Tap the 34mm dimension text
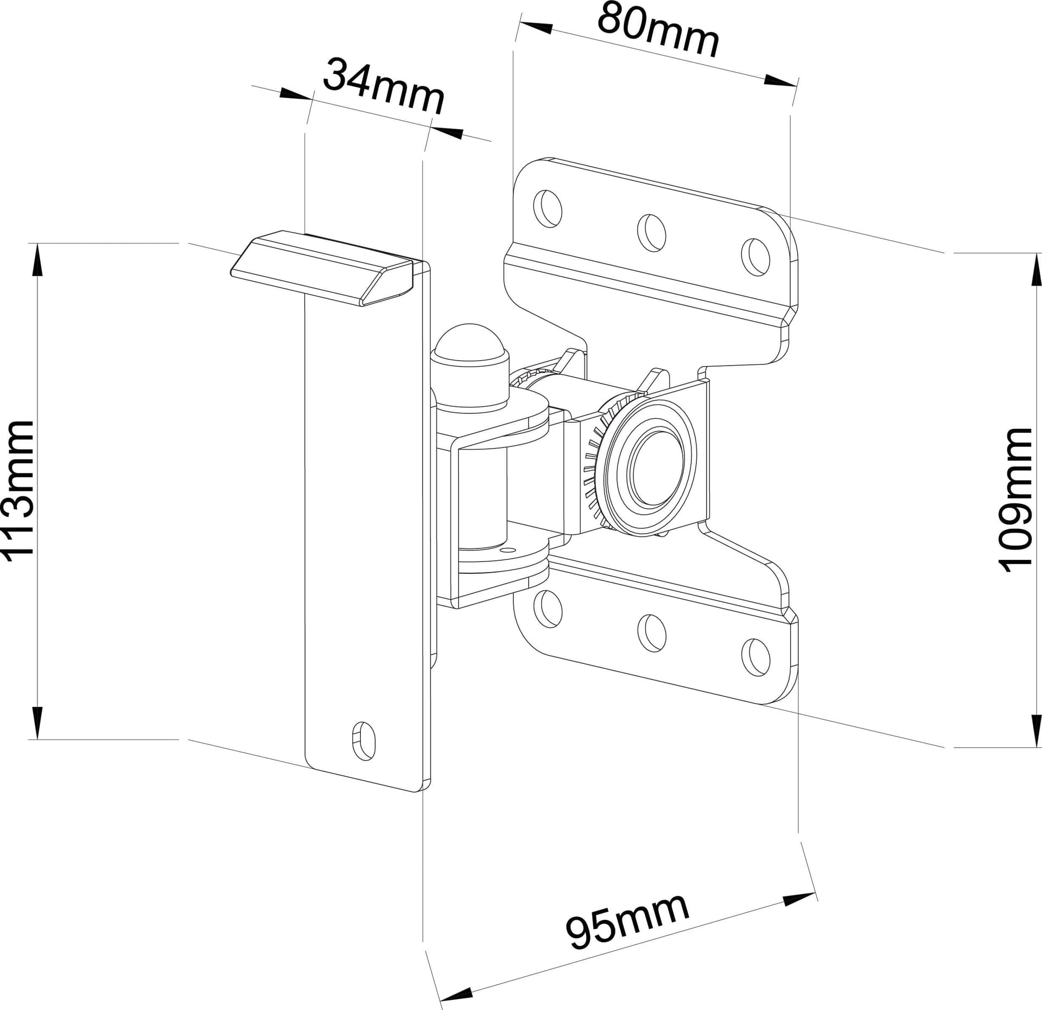(x=384, y=86)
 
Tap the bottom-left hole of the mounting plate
(x=547, y=609)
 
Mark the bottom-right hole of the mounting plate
(x=755, y=657)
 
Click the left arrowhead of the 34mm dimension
(x=297, y=94)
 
